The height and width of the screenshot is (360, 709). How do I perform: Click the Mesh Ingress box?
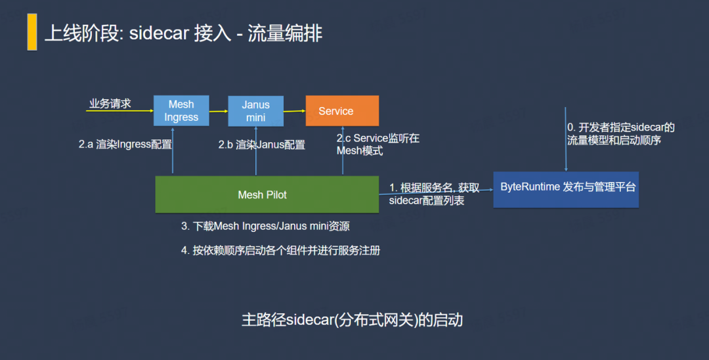tap(181, 110)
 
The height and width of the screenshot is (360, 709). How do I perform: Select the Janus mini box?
tap(255, 111)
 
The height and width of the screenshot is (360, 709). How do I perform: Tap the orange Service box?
tap(342, 111)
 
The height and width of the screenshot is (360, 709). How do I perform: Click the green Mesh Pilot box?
tap(267, 194)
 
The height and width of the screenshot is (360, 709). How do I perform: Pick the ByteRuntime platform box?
tap(566, 189)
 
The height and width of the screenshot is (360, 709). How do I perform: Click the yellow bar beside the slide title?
tap(32, 32)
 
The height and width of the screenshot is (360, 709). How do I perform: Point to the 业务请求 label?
tap(110, 104)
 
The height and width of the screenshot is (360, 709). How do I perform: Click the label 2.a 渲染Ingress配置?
tap(125, 145)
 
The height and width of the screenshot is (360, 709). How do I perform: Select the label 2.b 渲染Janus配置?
tap(262, 145)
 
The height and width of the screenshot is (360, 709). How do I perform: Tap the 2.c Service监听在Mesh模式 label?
tap(378, 145)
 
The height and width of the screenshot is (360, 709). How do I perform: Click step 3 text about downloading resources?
tap(265, 226)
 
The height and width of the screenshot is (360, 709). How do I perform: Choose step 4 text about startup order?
tap(280, 250)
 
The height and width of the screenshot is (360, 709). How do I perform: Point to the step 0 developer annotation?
tap(621, 134)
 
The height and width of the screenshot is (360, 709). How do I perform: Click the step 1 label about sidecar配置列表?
tap(434, 194)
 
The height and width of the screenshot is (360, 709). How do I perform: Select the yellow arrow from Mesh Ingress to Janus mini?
tap(219, 111)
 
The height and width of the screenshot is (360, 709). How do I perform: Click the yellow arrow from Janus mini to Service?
tap(294, 111)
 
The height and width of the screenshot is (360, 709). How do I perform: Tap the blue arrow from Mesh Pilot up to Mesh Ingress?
tap(173, 150)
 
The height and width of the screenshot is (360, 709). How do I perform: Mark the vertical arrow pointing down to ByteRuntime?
tap(566, 139)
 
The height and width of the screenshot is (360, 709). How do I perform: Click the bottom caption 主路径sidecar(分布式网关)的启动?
tap(353, 320)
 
